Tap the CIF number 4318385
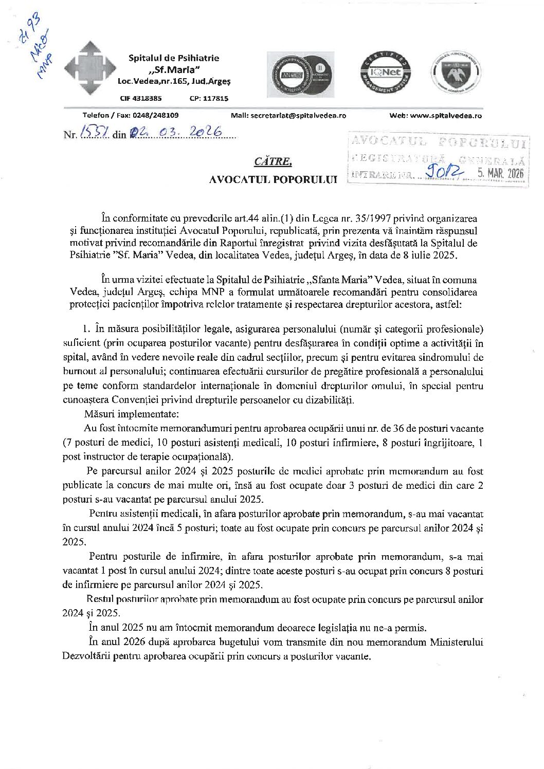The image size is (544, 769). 148,98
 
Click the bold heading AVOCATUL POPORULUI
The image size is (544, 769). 273,180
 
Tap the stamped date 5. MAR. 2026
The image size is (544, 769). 500,174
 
